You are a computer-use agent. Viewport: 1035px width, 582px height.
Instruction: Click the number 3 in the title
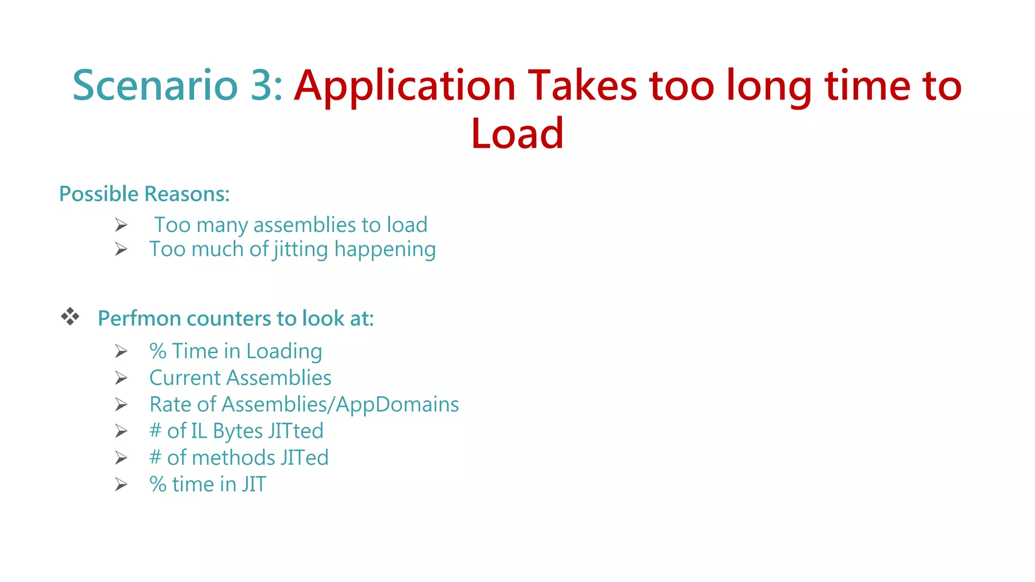pos(261,85)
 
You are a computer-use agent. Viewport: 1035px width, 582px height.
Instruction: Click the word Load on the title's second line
pos(517,133)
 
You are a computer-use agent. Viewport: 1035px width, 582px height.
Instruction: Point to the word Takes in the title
pos(582,85)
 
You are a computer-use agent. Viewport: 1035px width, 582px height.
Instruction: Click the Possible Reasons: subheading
pos(145,194)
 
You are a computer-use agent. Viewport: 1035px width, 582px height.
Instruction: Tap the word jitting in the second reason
pos(301,250)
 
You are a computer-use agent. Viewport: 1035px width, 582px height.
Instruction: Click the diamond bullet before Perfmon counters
pos(70,317)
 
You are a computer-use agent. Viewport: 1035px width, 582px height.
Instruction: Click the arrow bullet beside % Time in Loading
pos(121,351)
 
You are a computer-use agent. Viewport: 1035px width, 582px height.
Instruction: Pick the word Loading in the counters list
pos(284,352)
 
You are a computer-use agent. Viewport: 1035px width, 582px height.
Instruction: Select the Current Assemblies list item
pos(240,378)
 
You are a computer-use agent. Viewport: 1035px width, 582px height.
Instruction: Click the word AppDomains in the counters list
pos(397,405)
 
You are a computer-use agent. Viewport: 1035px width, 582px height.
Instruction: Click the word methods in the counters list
pos(233,458)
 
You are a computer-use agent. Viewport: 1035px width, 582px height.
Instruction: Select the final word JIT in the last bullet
pos(253,484)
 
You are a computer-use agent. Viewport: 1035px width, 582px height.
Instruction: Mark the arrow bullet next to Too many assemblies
pos(121,225)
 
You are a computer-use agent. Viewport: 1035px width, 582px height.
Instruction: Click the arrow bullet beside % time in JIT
pos(121,484)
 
